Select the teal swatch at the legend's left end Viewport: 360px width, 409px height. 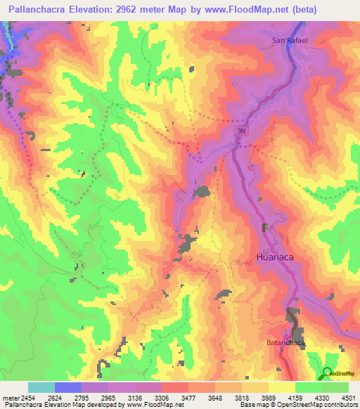[41, 387]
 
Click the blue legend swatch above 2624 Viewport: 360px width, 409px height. [67, 387]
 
